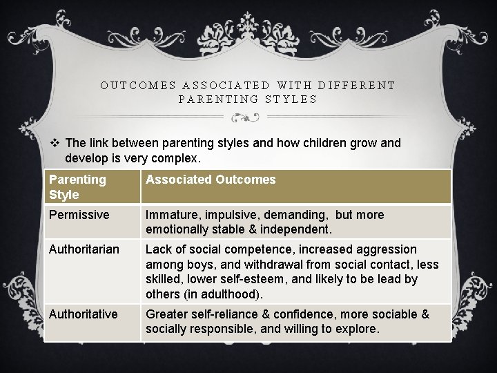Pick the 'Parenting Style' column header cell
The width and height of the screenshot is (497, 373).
point(77,186)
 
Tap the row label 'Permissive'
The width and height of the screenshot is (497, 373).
point(79,215)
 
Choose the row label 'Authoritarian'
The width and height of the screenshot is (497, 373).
point(84,249)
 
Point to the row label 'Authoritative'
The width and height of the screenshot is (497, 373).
point(84,314)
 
